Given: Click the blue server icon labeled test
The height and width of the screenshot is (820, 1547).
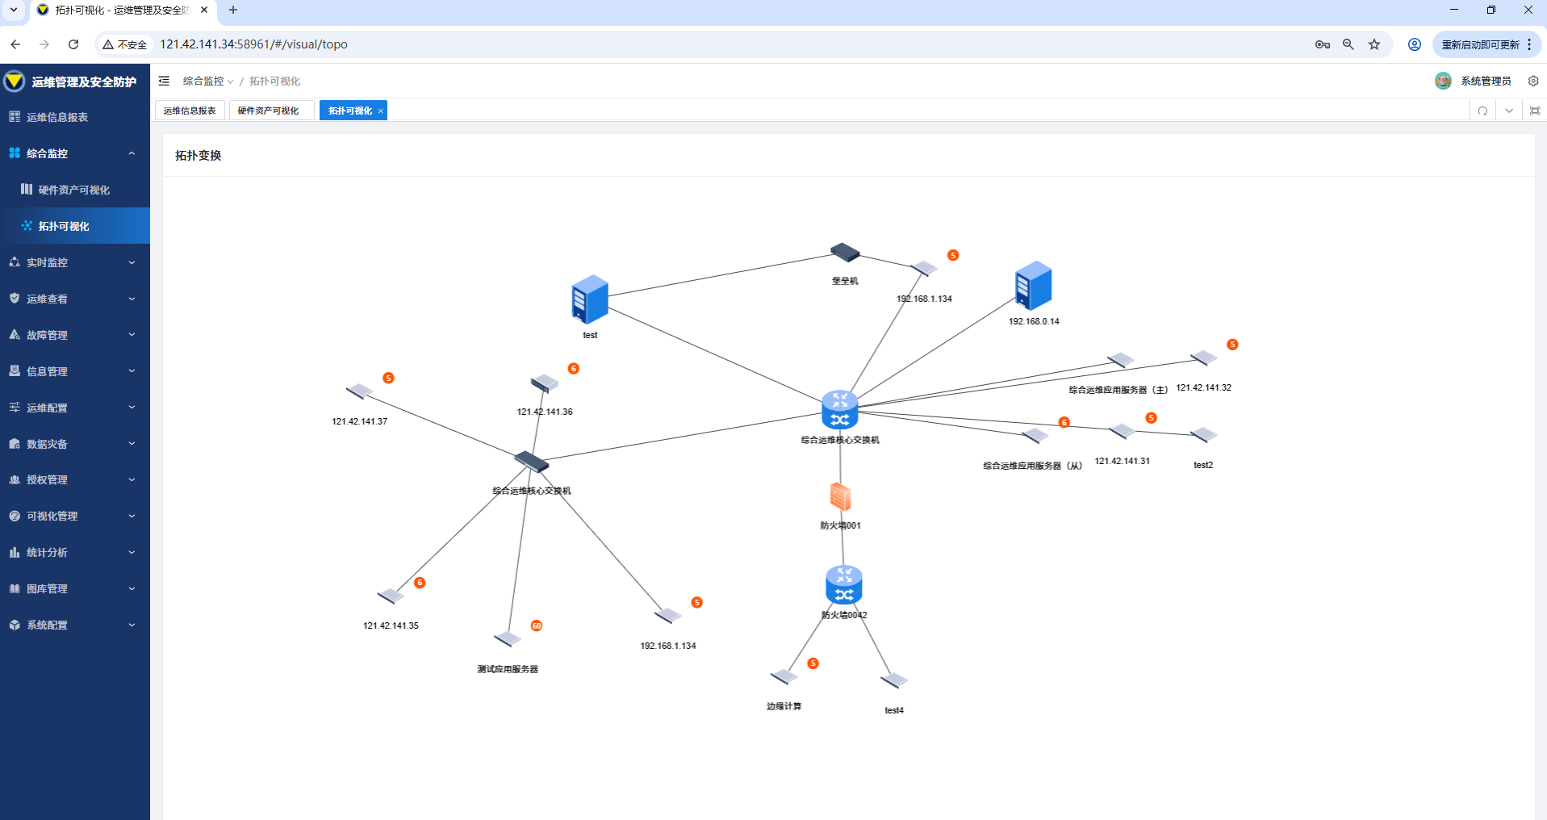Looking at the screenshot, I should pos(590,299).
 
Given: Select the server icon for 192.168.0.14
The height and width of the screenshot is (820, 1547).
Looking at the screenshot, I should pos(1034,286).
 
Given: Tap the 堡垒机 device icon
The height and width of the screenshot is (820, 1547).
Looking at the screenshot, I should pos(845,253).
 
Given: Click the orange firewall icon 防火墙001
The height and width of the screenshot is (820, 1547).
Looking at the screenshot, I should pos(840,496).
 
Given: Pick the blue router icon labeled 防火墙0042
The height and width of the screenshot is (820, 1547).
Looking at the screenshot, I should pos(844,585).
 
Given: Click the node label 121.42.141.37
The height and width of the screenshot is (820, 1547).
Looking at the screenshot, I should pos(360,421).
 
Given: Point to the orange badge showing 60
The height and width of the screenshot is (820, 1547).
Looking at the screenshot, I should pos(537,625).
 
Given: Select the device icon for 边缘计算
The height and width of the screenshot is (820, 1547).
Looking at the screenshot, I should pos(784,676).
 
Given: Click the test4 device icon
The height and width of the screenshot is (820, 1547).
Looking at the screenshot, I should pos(894,680).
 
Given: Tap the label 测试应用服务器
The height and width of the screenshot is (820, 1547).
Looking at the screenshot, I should pos(508,669).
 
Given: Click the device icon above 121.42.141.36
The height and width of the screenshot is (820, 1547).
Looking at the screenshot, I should pos(545,383).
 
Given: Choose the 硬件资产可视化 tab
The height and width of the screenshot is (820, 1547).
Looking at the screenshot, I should pos(269,111).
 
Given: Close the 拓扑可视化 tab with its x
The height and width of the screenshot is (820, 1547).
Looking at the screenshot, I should pos(381,111).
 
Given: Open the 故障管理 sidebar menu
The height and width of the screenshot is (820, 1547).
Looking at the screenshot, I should pos(48,335).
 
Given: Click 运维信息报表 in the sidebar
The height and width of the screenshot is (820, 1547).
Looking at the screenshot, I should pos(57,117).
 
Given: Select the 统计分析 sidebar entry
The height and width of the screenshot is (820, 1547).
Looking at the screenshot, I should pos(47,552).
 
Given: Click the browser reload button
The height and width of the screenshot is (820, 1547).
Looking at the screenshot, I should pos(73,44).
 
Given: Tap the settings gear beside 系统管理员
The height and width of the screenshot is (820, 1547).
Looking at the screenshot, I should pos(1533,81).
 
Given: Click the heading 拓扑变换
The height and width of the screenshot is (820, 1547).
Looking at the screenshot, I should pos(199,156).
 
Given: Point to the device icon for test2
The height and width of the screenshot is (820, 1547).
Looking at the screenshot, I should pos(1203,435).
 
